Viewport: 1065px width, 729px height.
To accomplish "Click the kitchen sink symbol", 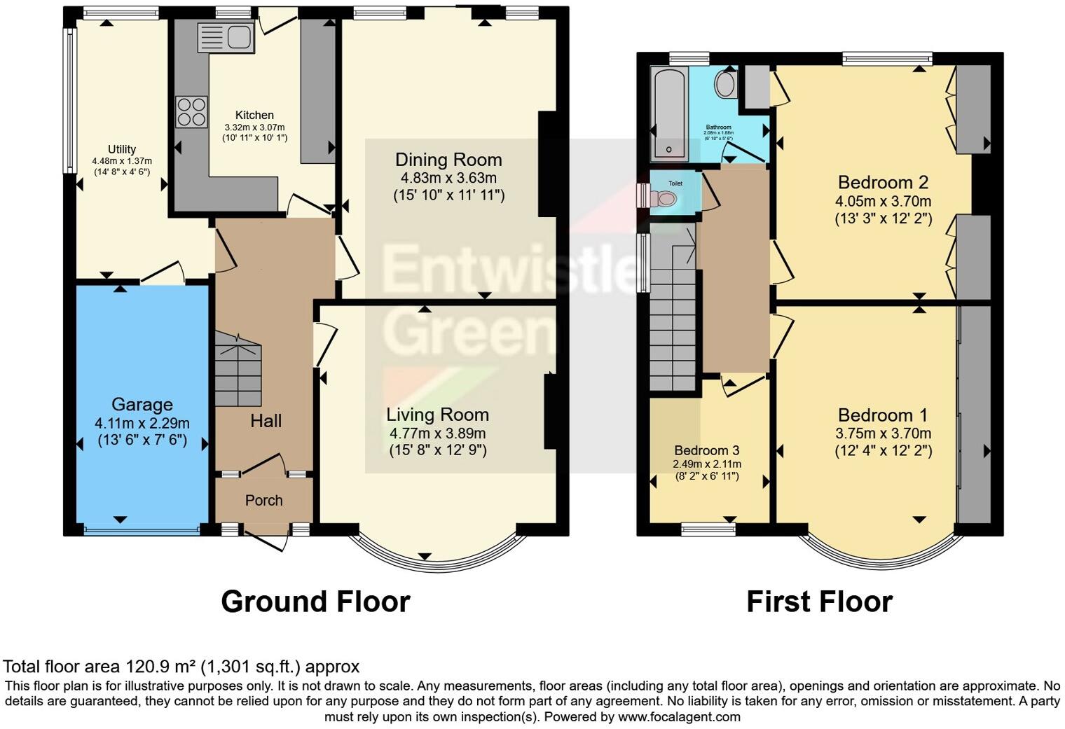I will point(226,37).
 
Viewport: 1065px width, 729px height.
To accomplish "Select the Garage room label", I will point(142,405).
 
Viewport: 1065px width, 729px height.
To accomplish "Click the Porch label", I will point(264,500).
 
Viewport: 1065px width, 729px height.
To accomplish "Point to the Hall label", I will point(266,421).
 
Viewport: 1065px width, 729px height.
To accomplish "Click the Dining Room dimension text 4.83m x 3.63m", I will point(448,178).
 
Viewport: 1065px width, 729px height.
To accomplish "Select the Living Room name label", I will point(437,415).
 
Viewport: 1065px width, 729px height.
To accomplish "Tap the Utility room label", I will point(122,149).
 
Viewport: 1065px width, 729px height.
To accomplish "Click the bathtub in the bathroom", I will point(671,114).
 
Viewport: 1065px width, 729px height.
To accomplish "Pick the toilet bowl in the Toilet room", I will point(664,199).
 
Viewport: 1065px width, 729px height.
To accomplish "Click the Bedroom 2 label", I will point(883,183).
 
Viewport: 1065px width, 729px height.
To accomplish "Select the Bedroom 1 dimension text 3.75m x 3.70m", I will point(883,433).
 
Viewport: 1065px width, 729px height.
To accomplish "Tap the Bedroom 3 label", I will point(707,450).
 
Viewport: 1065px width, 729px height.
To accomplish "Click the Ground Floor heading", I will point(315,602).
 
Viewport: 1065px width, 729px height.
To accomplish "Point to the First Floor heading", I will point(819,602).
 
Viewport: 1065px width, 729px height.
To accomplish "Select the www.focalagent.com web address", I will point(679,716).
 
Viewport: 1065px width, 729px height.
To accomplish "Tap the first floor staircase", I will point(673,315).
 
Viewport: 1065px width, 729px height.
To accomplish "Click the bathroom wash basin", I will point(725,85).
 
